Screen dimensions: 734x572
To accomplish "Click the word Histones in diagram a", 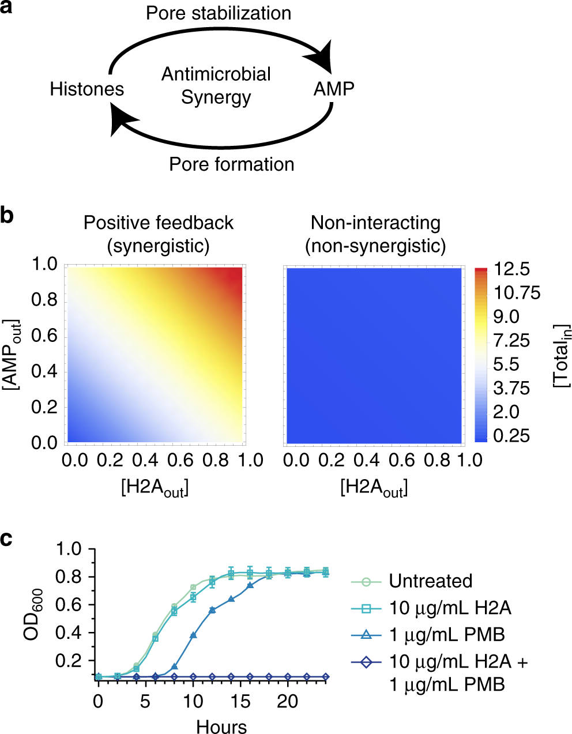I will tap(86, 89).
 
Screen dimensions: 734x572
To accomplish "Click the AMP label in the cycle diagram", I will tap(333, 89).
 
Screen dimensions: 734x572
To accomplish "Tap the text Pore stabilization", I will tap(218, 13).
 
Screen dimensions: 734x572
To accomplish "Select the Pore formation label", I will tap(231, 164).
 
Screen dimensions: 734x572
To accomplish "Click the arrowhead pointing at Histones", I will tap(123, 120).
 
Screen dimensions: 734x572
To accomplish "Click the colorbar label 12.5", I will tap(512, 269).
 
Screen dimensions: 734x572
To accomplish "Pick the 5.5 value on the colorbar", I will tap(506, 364).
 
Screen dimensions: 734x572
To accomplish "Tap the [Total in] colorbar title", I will tap(561, 355).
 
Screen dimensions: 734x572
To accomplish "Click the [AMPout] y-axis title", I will tap(12, 354).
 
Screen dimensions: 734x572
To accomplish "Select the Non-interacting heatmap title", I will tap(375, 234).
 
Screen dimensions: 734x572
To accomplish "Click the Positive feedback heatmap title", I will tap(159, 234).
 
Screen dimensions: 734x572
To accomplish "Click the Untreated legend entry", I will tap(430, 581).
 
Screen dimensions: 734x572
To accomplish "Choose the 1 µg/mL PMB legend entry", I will tap(446, 635).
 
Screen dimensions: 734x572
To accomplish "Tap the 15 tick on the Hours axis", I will tap(240, 701).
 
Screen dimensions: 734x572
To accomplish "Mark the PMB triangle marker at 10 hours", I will tap(193, 635).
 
